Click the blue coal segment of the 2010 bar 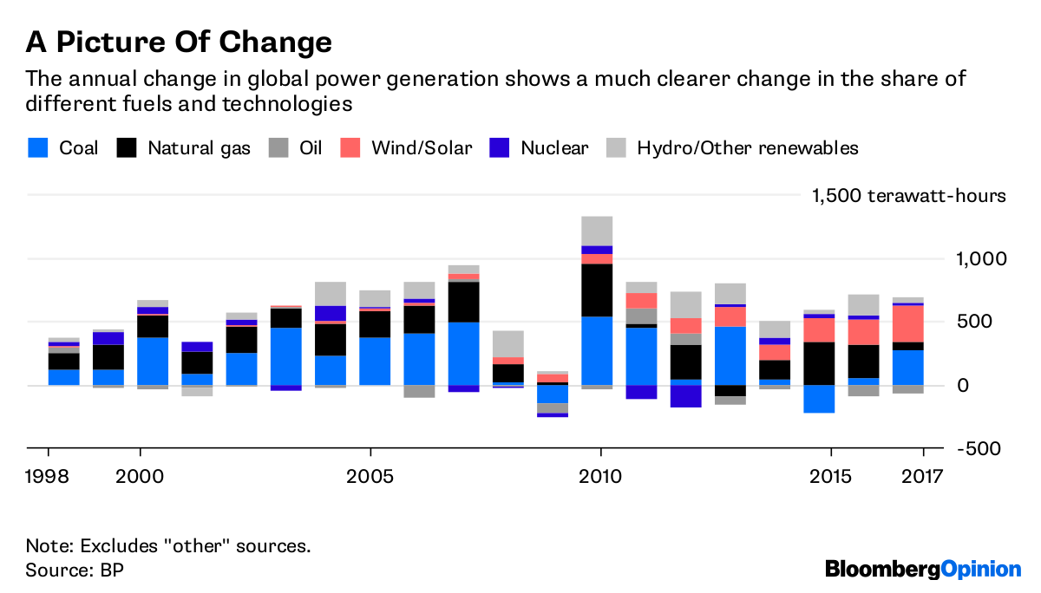pos(598,350)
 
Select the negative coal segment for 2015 pos(819,399)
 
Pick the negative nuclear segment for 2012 pos(685,396)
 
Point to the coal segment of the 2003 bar pos(285,355)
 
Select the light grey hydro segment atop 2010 pos(598,231)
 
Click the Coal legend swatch pos(38,147)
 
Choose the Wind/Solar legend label pos(422,147)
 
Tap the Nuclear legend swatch pos(500,147)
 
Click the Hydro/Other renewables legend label pos(747,147)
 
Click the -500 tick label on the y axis pos(979,448)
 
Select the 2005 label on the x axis pos(370,477)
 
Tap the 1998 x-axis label pos(49,477)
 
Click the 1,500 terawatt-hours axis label pos(908,195)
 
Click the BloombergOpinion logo pos(922,569)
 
